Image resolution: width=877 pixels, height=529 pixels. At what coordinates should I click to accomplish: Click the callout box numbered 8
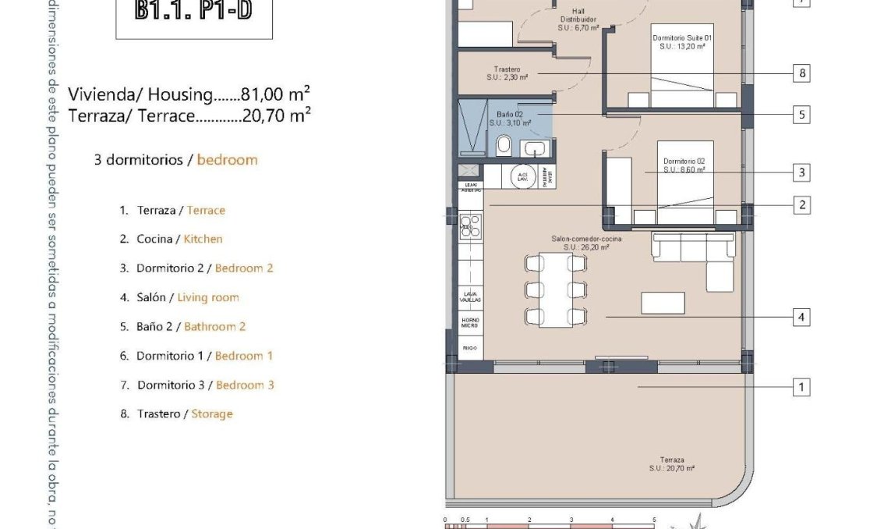tap(801, 74)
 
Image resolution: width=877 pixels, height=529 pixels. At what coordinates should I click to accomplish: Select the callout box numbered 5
tap(801, 115)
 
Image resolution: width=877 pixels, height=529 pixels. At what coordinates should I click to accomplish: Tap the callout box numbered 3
tap(801, 172)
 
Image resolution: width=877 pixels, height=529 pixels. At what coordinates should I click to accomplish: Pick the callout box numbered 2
tap(801, 205)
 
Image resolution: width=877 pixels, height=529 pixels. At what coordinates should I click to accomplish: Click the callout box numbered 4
tap(801, 318)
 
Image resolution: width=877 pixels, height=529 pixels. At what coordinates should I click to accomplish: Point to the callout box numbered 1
tap(801, 386)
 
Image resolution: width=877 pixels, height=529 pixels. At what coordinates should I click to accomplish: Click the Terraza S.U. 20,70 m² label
tap(671, 464)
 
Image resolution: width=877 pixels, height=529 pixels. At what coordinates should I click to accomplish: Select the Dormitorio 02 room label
tap(684, 165)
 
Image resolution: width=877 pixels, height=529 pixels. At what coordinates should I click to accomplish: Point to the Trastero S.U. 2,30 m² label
tap(507, 73)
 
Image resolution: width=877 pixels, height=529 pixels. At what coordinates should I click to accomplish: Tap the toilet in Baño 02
tap(504, 145)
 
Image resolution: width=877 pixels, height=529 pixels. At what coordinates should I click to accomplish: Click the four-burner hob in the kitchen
tap(470, 226)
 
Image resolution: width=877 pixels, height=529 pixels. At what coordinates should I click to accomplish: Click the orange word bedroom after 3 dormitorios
tap(227, 160)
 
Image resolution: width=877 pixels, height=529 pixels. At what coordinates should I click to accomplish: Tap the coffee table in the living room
tap(663, 303)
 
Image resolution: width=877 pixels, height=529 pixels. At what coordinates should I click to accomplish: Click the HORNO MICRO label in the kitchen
tap(469, 321)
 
